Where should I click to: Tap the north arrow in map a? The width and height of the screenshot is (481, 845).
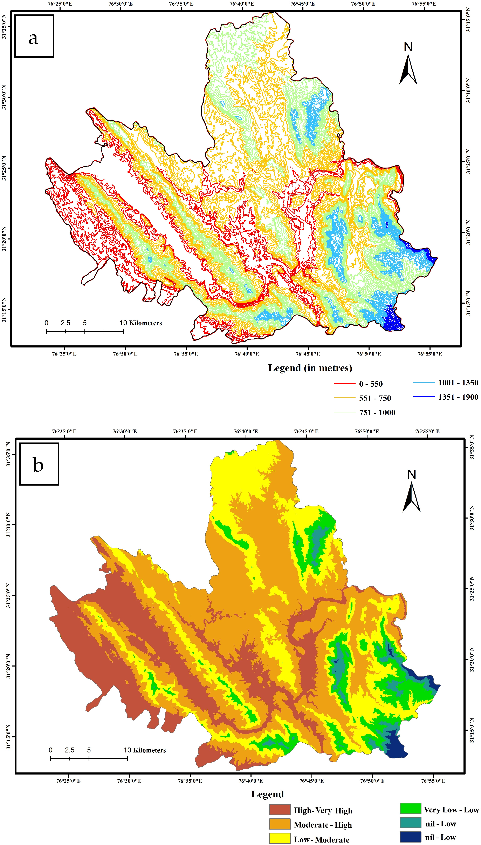[x=408, y=65]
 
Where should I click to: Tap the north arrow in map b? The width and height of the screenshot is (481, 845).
[x=412, y=492]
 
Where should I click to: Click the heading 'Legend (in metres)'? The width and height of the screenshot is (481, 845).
[x=310, y=368]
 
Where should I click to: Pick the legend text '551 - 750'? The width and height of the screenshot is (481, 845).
[x=375, y=398]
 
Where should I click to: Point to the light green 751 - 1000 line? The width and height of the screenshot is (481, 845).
[x=345, y=412]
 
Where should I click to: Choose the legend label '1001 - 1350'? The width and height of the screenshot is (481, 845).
[x=458, y=383]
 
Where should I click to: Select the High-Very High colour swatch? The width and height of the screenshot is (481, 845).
[x=280, y=810]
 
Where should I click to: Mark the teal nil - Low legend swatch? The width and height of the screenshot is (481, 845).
[x=410, y=823]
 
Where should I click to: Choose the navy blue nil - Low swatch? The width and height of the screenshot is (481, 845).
[x=410, y=837]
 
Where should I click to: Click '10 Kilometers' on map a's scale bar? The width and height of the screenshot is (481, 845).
[x=141, y=323]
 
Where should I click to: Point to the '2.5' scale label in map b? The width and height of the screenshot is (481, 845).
[x=69, y=750]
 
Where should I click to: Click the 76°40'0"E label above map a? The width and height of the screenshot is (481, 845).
[x=242, y=4]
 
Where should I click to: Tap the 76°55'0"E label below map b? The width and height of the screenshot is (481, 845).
[x=433, y=781]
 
